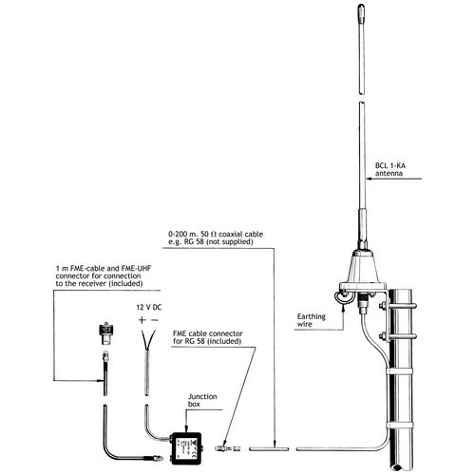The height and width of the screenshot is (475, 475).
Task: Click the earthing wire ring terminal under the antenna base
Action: pos(360,305)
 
